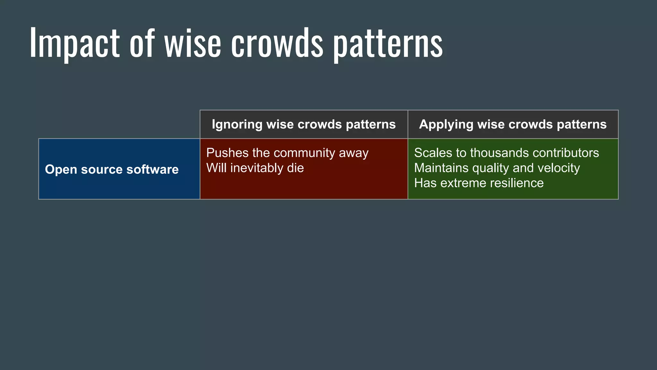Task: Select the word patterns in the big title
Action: (388, 45)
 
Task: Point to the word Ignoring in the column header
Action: (237, 125)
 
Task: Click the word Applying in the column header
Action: (446, 125)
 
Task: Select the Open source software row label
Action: (112, 170)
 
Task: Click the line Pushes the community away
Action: (287, 153)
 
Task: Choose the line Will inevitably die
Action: (255, 168)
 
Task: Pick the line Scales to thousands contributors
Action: (506, 153)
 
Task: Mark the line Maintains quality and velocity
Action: (497, 168)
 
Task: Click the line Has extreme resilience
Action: (479, 183)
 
